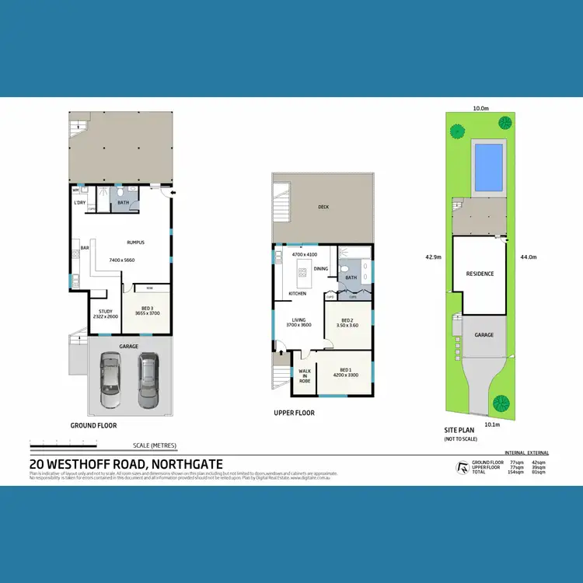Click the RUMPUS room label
point(137,243)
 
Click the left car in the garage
point(112,379)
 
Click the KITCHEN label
point(298,294)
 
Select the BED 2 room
point(347,323)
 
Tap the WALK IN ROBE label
point(305,376)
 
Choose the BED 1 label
point(344,374)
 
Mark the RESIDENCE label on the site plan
point(480,274)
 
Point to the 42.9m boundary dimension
point(434,255)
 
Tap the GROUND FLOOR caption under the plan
point(93,426)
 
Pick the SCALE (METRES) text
point(155,445)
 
